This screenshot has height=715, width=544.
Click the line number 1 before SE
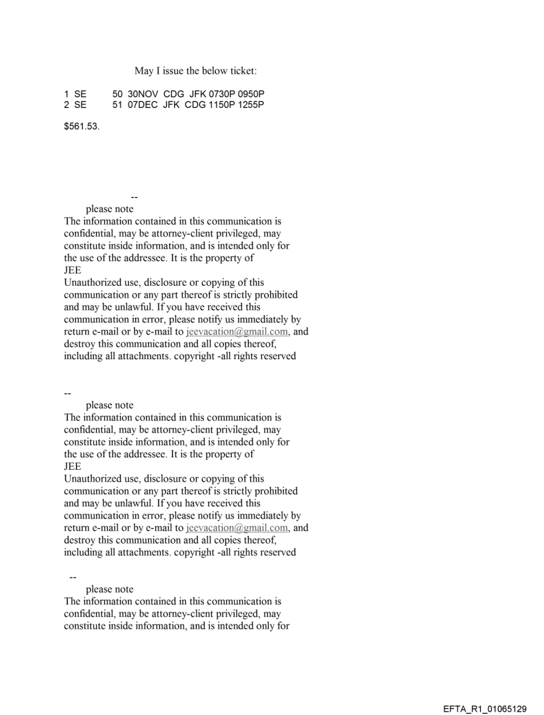tap(66, 95)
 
